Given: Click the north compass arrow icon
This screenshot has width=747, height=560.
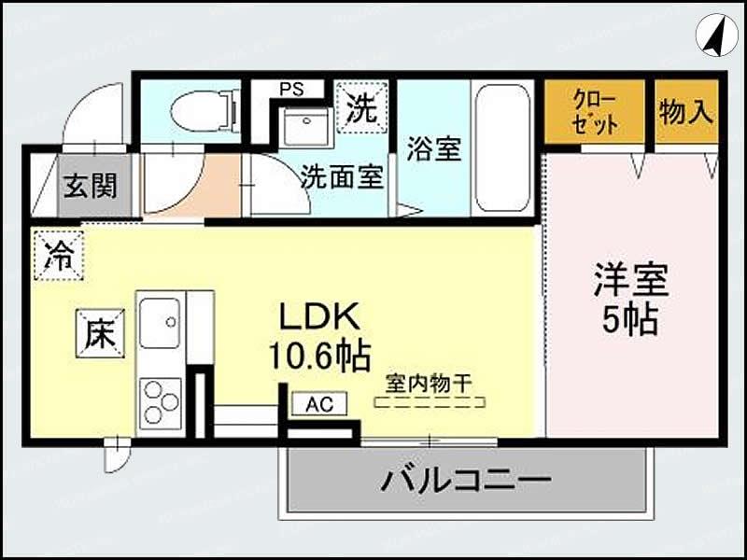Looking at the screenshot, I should pos(716,36).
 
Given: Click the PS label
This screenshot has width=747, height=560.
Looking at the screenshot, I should pos(290,90).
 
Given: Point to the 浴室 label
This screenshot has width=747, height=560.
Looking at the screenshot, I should pos(435,149).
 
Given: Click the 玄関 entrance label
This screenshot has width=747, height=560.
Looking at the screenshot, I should pos(90,185).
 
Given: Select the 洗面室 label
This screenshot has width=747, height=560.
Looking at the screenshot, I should pos(341,177).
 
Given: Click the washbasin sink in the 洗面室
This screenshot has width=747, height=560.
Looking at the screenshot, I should pos(305,127).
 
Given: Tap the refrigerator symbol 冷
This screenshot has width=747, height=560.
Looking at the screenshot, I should pos(59,254).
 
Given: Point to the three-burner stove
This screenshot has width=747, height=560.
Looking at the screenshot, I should pos(160,402).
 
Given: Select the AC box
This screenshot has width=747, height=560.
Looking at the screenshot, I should pos(319,404).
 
